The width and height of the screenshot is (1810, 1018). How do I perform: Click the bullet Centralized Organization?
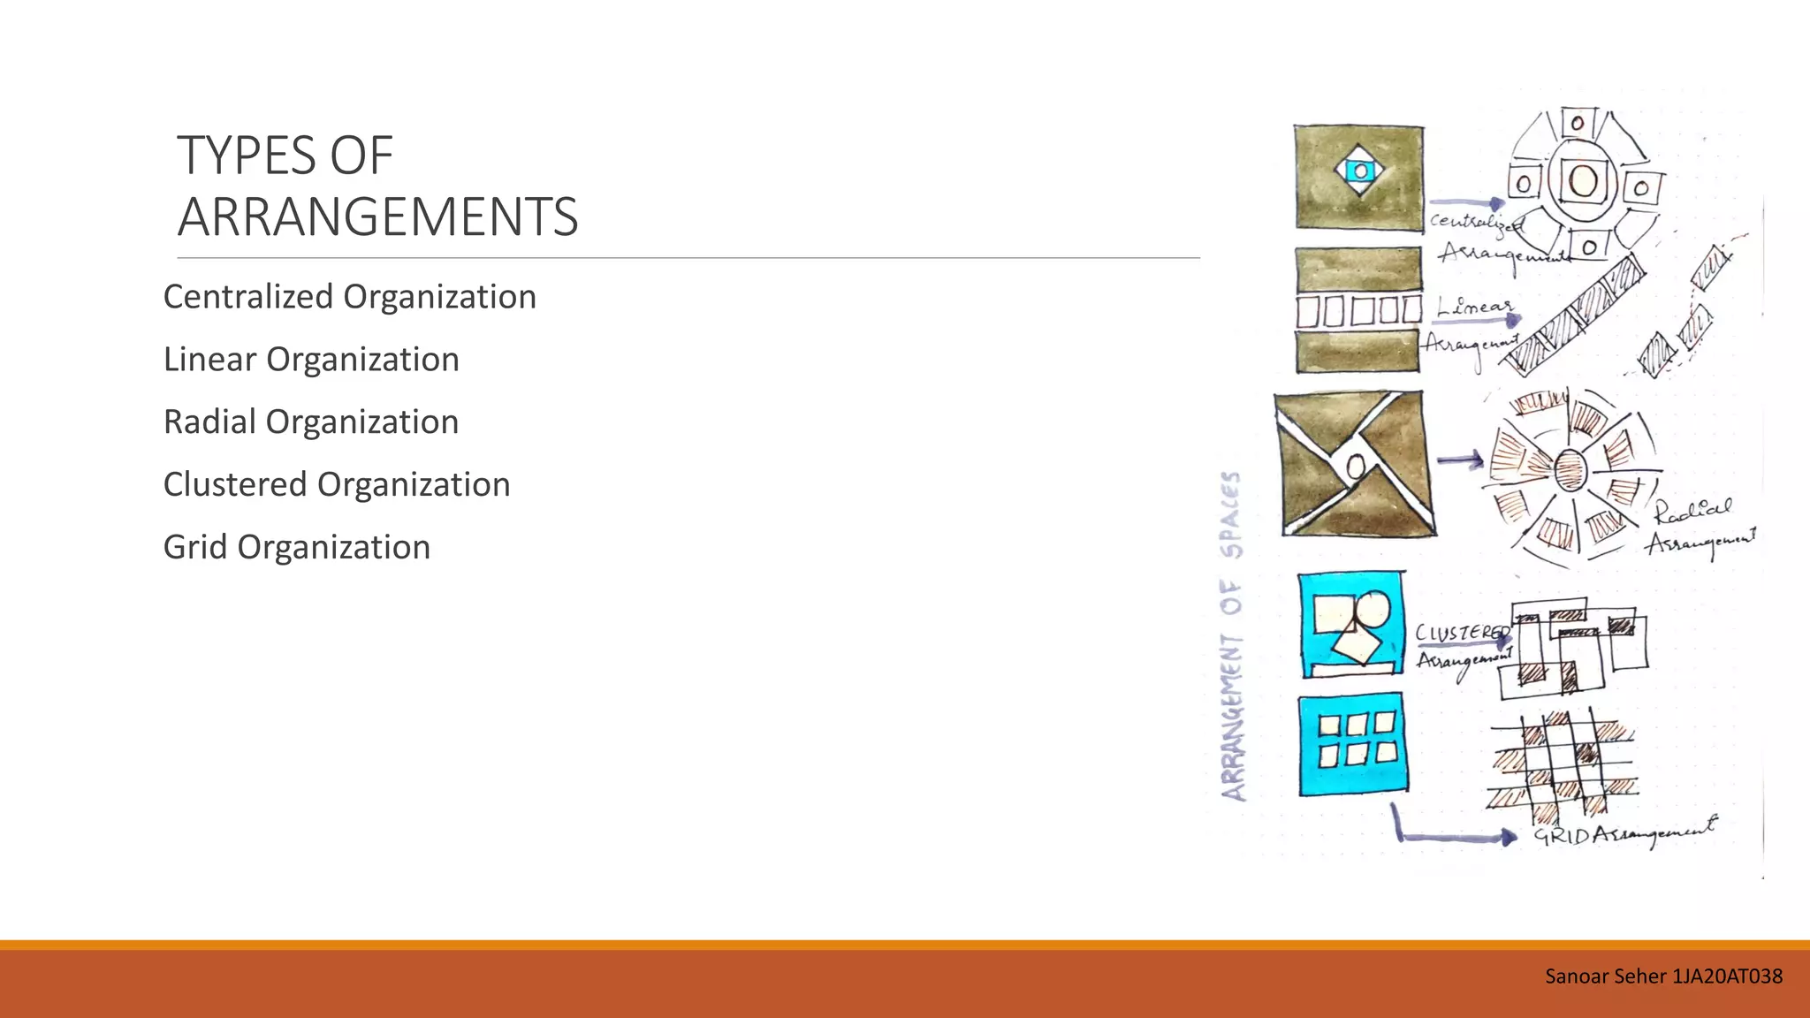click(349, 297)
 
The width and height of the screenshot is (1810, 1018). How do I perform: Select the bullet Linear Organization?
click(311, 360)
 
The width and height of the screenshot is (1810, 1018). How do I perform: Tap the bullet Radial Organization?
click(311, 422)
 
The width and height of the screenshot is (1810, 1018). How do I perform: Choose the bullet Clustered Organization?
click(337, 485)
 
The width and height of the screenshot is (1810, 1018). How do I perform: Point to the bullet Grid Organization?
click(297, 548)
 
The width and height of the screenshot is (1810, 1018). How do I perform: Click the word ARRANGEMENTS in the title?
click(377, 217)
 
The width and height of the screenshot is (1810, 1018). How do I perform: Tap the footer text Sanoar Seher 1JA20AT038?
click(1663, 976)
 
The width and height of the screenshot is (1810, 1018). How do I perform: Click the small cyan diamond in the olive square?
click(1360, 171)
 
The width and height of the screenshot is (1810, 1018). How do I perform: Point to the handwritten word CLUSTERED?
click(1461, 633)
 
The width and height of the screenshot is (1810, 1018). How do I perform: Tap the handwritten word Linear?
click(1474, 307)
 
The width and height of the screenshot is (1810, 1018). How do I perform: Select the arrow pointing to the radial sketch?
click(1460, 460)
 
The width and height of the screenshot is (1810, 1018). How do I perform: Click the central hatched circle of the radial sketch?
click(1570, 469)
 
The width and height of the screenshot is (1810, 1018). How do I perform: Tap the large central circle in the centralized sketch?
click(1583, 181)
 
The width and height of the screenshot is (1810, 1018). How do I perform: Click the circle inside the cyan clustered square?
click(1373, 609)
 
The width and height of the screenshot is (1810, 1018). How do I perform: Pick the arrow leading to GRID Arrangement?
click(1449, 835)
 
